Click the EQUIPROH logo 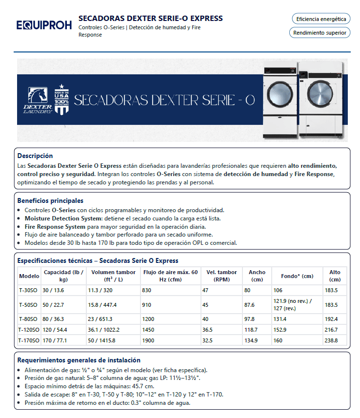pos(43,25)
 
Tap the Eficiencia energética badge pos(320,19)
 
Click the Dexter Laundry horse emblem pos(37,97)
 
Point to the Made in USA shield pos(61,99)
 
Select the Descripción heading pos(35,156)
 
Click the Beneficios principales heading pos(50,200)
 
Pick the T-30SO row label pos(28,290)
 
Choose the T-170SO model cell pos(29,340)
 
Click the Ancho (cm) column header pos(257,276)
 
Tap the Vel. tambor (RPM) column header pos(221,276)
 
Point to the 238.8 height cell pos(334,340)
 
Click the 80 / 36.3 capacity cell pos(53,319)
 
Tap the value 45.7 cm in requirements pos(121,386)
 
